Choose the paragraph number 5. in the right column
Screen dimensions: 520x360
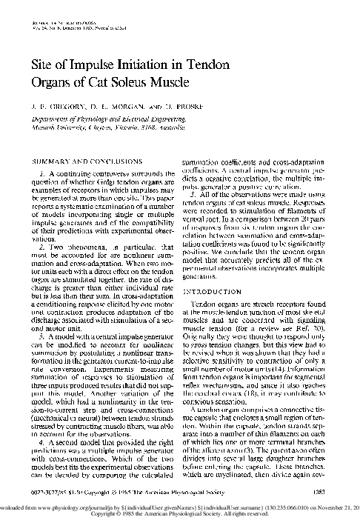[x=194, y=192]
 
